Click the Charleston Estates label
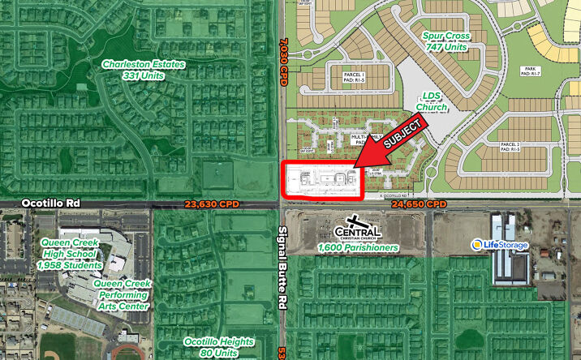143,70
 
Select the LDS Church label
431,101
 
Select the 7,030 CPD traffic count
283,61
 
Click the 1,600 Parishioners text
353,246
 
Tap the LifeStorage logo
501,244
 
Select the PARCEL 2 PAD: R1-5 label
510,147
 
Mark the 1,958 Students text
71,265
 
